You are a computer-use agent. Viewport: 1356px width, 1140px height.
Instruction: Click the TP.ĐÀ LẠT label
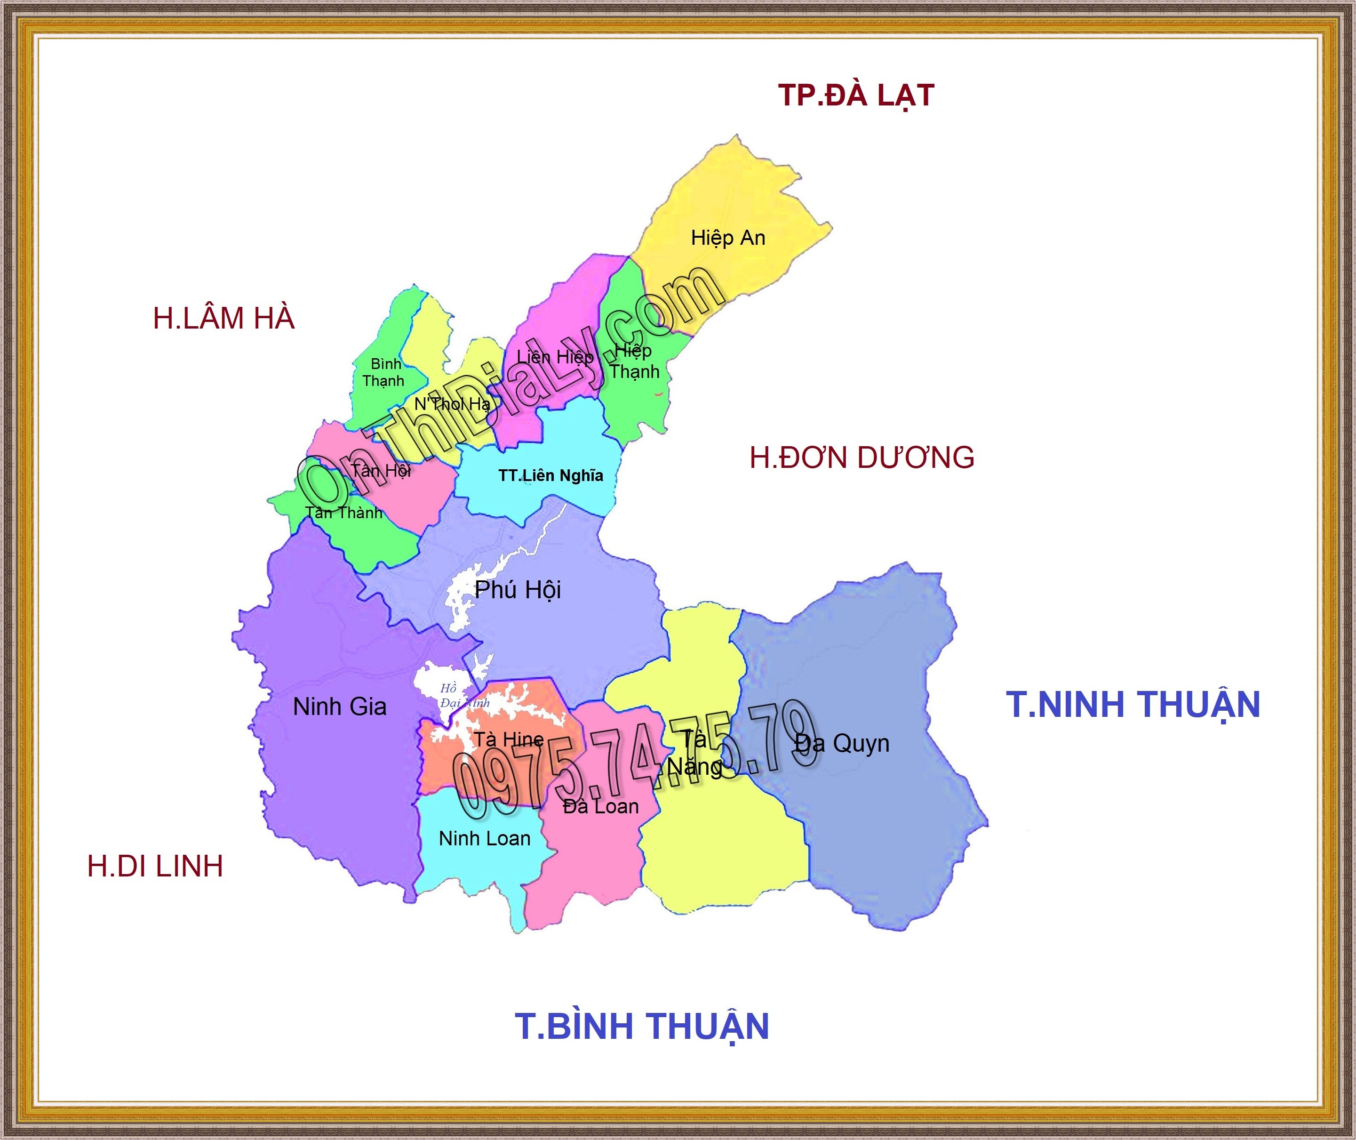coord(856,96)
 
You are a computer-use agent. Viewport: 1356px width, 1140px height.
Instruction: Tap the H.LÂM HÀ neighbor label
coord(223,319)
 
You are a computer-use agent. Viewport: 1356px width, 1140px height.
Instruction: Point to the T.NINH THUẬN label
coord(1133,705)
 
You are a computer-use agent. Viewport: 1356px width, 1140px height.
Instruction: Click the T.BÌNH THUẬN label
coord(641,1026)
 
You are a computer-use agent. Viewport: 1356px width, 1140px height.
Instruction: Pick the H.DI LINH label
coord(155,866)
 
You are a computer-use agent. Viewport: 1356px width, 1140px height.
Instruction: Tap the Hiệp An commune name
coord(728,238)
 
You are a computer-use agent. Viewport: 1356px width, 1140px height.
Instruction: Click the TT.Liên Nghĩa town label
coord(550,476)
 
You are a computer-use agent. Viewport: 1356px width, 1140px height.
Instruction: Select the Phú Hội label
coord(518,589)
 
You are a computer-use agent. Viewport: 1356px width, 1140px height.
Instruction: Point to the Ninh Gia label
coord(340,706)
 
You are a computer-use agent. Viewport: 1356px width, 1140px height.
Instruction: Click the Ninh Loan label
coord(485,838)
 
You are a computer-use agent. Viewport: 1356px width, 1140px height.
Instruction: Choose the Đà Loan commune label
coord(601,807)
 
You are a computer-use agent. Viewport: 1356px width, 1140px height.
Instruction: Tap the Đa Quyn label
coord(842,743)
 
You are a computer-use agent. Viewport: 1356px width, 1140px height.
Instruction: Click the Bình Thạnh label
coord(384,372)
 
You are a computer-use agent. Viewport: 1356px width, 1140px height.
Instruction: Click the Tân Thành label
coord(343,513)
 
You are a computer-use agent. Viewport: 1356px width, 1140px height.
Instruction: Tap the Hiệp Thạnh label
coord(634,361)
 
